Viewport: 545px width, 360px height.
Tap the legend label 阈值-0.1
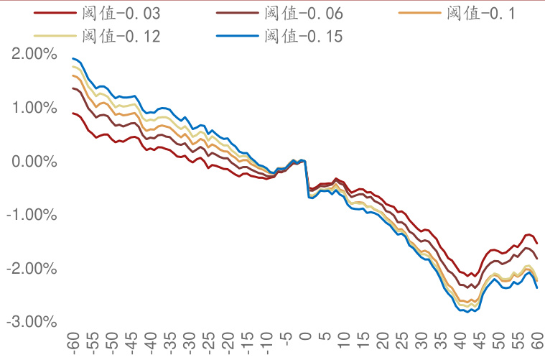pyautogui.click(x=480, y=14)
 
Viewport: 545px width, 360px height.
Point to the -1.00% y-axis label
pyautogui.click(x=31, y=215)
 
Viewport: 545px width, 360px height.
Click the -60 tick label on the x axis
pyautogui.click(x=73, y=342)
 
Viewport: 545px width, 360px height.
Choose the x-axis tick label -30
pyautogui.click(x=189, y=342)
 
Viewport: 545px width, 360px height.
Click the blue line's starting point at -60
pyautogui.click(x=73, y=59)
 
